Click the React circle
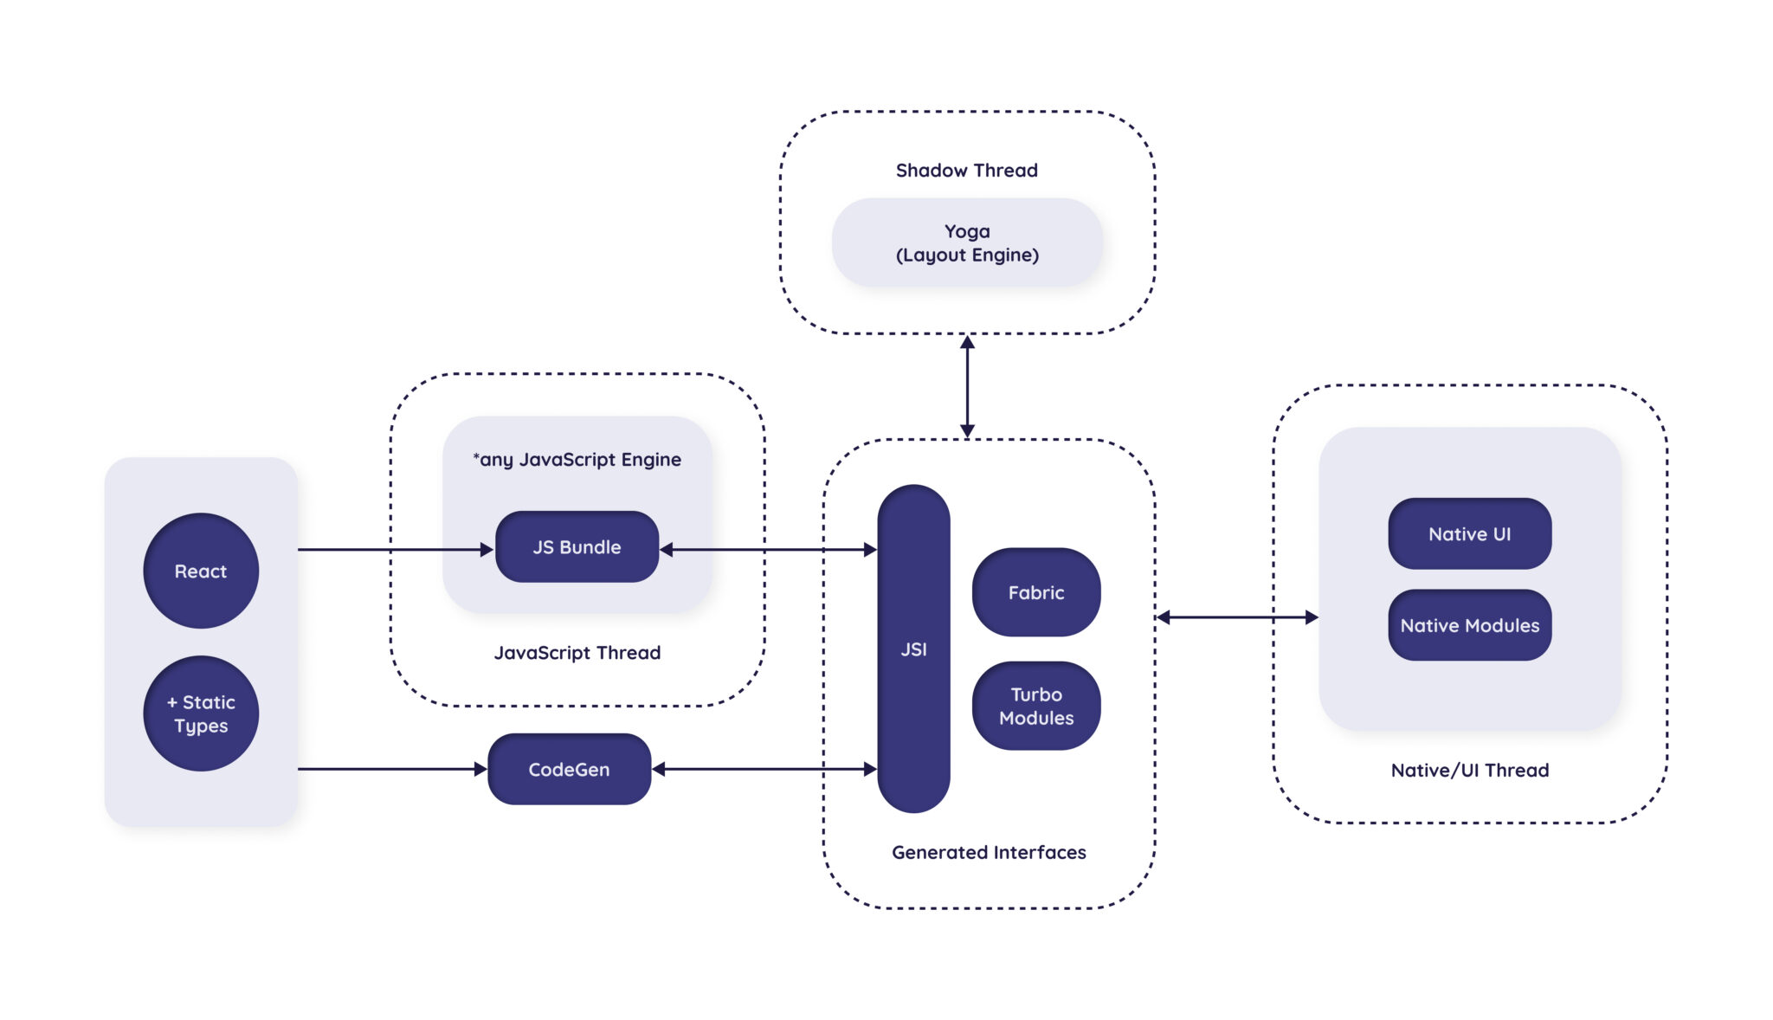click(x=201, y=571)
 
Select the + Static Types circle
click(x=201, y=713)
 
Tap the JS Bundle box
click(x=577, y=546)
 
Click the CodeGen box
click(x=569, y=769)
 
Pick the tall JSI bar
click(x=913, y=649)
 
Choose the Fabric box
click(x=1035, y=592)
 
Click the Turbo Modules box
click(x=1035, y=706)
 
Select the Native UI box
click(x=1469, y=533)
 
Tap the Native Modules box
click(x=1469, y=625)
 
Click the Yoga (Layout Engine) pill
click(x=967, y=242)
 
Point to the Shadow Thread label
click(x=966, y=170)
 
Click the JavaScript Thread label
click(x=577, y=652)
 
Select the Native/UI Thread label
click(x=1469, y=770)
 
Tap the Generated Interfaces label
click(x=989, y=852)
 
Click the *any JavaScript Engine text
click(x=577, y=459)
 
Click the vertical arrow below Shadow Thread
click(x=967, y=386)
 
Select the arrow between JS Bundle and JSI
click(x=768, y=549)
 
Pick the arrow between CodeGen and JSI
click(x=764, y=769)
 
